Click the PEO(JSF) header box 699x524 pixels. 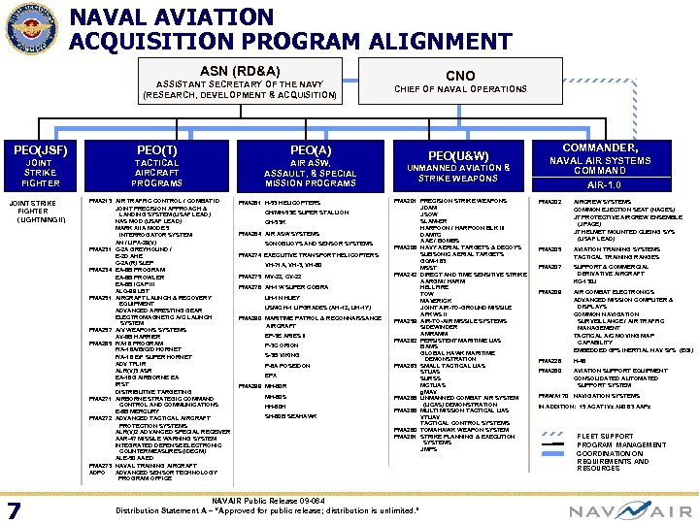point(41,165)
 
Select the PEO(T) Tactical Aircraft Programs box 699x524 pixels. point(157,165)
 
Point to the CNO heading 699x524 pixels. point(459,75)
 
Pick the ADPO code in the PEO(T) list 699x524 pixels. point(96,473)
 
